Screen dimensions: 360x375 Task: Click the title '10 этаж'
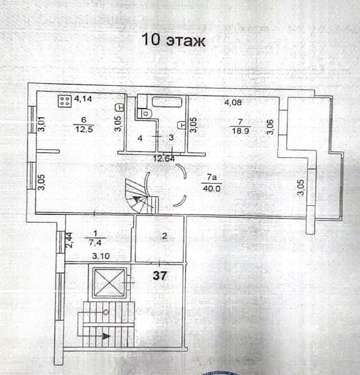click(x=173, y=40)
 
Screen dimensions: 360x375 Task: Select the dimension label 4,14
click(x=83, y=99)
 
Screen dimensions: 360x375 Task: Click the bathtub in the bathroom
click(x=167, y=101)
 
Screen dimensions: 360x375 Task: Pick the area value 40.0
click(x=211, y=189)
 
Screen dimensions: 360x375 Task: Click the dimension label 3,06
click(x=270, y=127)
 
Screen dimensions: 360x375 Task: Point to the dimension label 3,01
click(x=40, y=124)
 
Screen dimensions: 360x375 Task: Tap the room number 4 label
click(x=140, y=138)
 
